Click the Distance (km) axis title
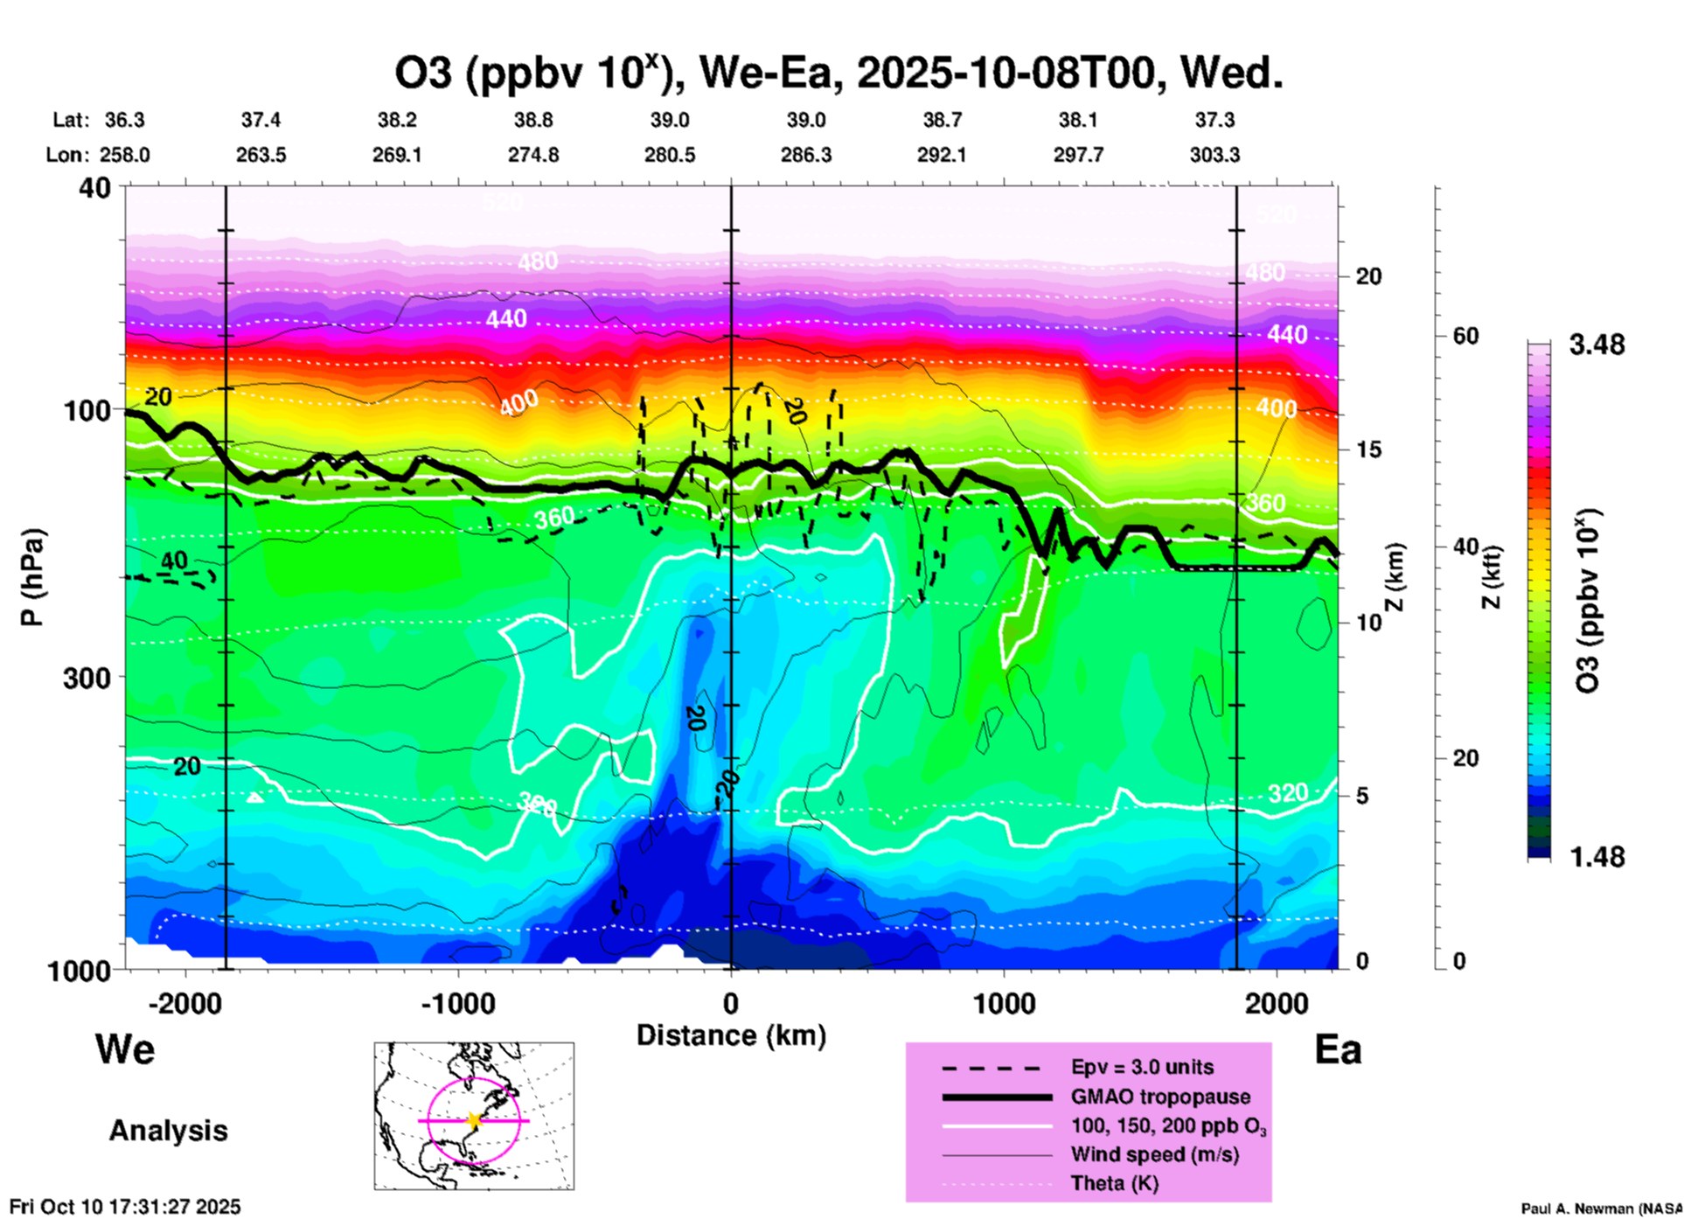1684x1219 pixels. (x=731, y=1035)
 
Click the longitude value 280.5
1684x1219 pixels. (x=670, y=155)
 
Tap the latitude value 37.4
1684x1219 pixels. (x=261, y=120)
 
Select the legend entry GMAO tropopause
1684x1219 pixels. (x=1160, y=1097)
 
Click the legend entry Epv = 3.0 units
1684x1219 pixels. (x=1142, y=1068)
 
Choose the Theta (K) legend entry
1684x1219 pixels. (x=1114, y=1183)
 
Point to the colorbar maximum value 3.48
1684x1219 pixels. (x=1597, y=345)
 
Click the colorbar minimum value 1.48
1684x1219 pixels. (x=1597, y=856)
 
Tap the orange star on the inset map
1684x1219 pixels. (x=474, y=1120)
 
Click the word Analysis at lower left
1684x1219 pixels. (x=168, y=1131)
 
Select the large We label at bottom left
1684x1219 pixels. (x=125, y=1048)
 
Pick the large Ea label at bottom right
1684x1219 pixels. (x=1338, y=1049)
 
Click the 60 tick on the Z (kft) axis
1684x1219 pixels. (x=1465, y=336)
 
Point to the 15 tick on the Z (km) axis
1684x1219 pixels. (x=1368, y=449)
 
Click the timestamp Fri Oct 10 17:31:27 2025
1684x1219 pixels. (x=125, y=1207)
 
